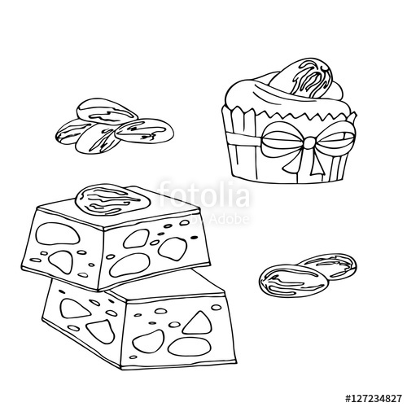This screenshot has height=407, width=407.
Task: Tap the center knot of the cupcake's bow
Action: (x=309, y=144)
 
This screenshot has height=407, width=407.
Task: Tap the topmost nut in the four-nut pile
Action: (x=103, y=111)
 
